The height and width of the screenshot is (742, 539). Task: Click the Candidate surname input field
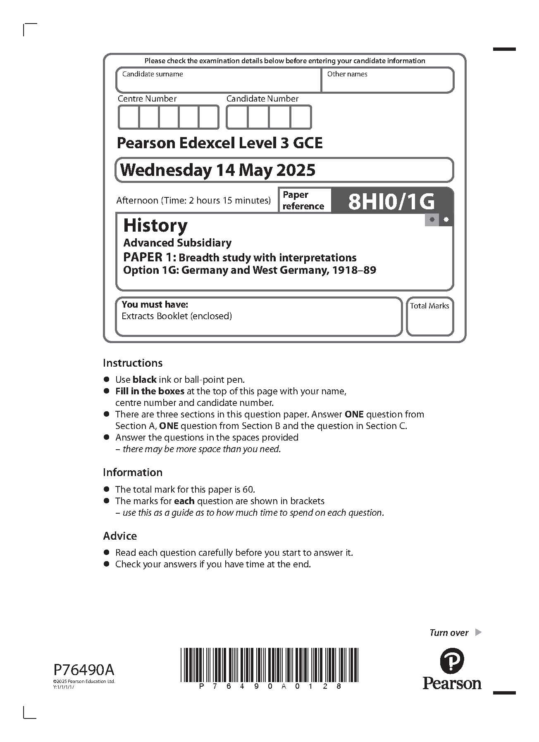pos(218,83)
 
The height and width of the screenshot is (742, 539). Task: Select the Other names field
pos(387,83)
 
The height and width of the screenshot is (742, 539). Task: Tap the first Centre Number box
pos(129,117)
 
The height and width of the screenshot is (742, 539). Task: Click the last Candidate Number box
pos(301,117)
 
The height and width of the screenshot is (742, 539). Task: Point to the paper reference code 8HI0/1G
pos(391,202)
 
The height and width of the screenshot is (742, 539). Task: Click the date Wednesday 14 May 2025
pos(217,170)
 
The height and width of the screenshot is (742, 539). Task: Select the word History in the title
pos(155,225)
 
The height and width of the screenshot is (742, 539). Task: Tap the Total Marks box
pos(429,320)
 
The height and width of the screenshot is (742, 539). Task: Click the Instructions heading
pos(133,363)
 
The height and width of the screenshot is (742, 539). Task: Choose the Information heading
pos(133,472)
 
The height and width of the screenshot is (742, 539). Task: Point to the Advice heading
pos(120,536)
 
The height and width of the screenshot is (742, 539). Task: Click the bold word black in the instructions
pos(144,380)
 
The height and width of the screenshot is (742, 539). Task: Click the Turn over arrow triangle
pos(478,632)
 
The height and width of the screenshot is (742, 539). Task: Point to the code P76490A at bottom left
pos(84,669)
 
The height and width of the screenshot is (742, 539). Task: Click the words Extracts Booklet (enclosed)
pos(176,316)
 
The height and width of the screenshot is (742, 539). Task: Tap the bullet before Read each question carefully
pos(107,552)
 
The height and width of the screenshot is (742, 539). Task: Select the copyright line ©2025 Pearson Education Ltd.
pos(84,681)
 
